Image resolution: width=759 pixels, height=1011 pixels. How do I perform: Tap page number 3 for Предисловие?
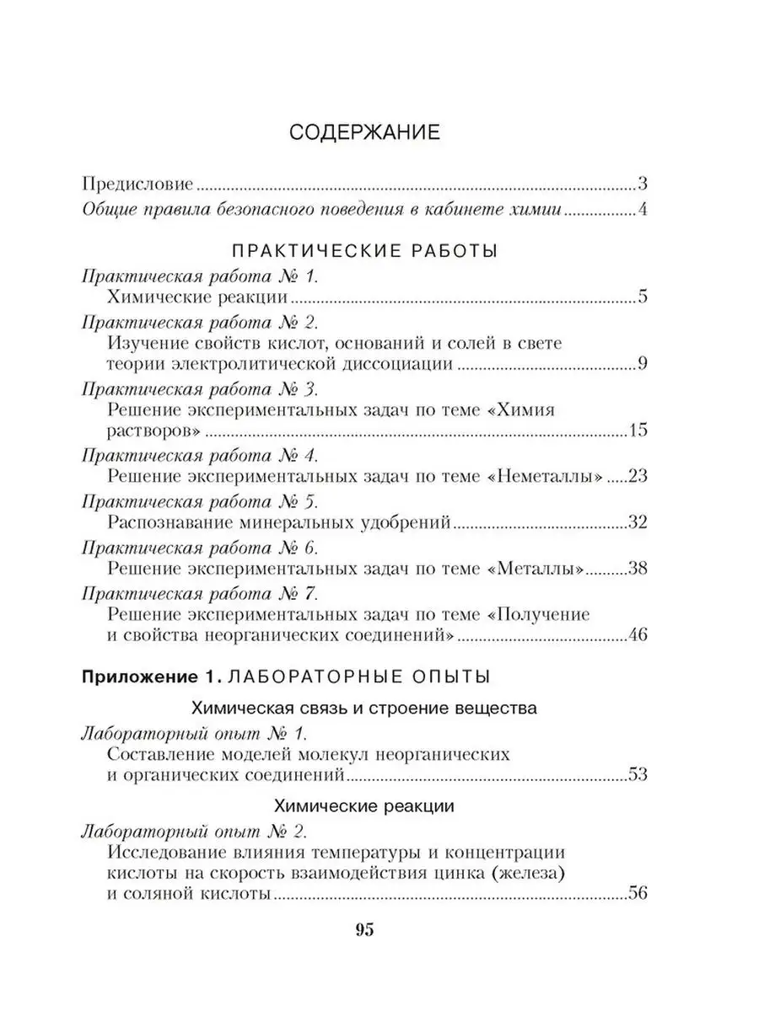(642, 184)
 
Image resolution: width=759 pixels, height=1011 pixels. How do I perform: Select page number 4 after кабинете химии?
(642, 210)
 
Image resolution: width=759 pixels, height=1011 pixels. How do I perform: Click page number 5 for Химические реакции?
(642, 297)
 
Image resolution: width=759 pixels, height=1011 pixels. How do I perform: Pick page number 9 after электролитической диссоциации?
(642, 365)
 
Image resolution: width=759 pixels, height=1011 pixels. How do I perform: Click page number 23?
(637, 477)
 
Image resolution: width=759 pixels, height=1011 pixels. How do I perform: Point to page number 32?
(637, 522)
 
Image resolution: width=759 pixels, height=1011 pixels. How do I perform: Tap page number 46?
(637, 634)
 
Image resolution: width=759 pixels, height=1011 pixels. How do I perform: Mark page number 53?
(637, 774)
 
